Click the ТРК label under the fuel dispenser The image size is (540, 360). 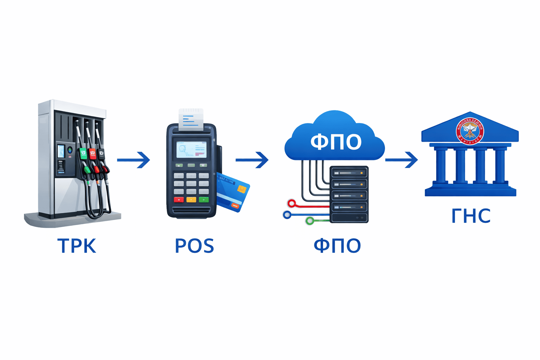click(x=77, y=245)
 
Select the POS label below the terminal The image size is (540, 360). click(x=194, y=245)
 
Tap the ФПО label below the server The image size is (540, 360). click(x=337, y=245)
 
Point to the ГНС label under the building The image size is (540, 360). click(x=471, y=216)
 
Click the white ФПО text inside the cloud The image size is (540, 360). click(x=336, y=142)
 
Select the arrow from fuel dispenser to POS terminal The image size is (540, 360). click(x=134, y=160)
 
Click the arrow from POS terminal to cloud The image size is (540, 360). click(x=252, y=160)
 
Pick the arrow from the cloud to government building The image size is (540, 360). click(x=401, y=160)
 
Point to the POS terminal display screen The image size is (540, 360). click(x=191, y=149)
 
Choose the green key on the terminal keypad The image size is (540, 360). click(x=204, y=200)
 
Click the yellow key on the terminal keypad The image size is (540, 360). click(x=191, y=200)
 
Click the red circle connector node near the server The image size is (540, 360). click(x=291, y=203)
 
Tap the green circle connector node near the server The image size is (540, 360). click(x=310, y=221)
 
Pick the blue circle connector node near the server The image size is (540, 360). click(x=287, y=214)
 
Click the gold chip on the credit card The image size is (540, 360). click(x=242, y=189)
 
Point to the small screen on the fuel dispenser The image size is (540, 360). click(x=61, y=151)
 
